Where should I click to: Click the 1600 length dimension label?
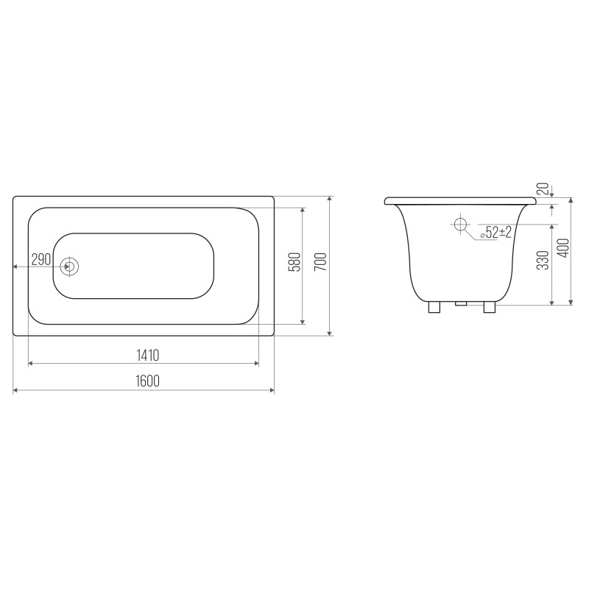click(x=148, y=381)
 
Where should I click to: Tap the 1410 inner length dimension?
click(x=148, y=355)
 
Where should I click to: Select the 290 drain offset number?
click(x=41, y=259)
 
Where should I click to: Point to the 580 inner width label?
click(x=295, y=262)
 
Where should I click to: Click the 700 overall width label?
click(x=321, y=262)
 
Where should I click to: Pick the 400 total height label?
click(x=564, y=248)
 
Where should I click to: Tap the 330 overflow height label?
click(x=543, y=260)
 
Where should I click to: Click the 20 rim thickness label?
click(x=543, y=188)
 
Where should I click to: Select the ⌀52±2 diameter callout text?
click(x=496, y=233)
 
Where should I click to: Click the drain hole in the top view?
click(x=69, y=267)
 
